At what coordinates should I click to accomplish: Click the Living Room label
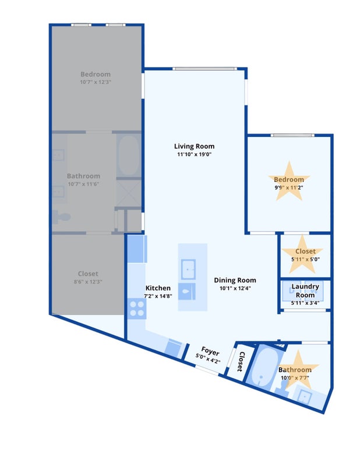[194, 146]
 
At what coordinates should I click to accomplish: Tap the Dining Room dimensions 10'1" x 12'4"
[235, 288]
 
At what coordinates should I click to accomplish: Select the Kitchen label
[158, 288]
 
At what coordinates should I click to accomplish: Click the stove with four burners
[137, 309]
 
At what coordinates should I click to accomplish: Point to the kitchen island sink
[188, 269]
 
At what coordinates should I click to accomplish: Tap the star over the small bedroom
[290, 181]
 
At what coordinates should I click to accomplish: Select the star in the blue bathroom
[298, 370]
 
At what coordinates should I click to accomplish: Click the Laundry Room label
[305, 291]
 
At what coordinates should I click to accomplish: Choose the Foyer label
[210, 351]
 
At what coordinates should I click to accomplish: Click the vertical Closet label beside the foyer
[241, 362]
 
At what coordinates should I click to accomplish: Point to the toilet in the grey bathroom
[62, 217]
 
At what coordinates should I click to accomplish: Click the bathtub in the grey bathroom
[128, 155]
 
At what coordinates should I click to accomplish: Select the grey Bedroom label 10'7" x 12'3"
[96, 77]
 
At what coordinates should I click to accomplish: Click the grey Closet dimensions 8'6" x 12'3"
[88, 281]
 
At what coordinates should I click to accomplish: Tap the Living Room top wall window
[205, 69]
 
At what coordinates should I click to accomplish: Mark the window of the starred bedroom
[292, 135]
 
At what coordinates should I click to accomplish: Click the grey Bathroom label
[83, 176]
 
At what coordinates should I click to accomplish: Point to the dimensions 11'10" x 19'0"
[194, 154]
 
